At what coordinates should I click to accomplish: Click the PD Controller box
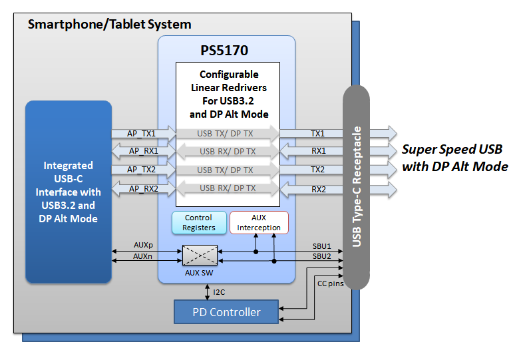pyautogui.click(x=226, y=311)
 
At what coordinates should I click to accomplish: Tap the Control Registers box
pyautogui.click(x=198, y=222)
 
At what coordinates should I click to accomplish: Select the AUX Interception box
pyautogui.click(x=259, y=222)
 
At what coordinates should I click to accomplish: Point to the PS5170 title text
pyautogui.click(x=226, y=51)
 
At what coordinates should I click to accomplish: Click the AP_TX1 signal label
pyautogui.click(x=142, y=133)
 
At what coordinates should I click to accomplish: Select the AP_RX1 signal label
pyautogui.click(x=142, y=151)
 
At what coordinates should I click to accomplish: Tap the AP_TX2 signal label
pyautogui.click(x=142, y=170)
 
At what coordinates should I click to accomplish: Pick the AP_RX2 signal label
pyautogui.click(x=142, y=188)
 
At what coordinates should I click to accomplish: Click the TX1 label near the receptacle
pyautogui.click(x=317, y=133)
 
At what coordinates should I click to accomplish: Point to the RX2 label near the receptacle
pyautogui.click(x=317, y=188)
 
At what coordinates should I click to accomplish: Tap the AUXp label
pyautogui.click(x=142, y=246)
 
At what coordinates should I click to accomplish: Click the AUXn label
pyautogui.click(x=142, y=256)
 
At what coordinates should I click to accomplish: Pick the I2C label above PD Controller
pyautogui.click(x=219, y=291)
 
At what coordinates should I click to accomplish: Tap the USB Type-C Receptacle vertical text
pyautogui.click(x=357, y=186)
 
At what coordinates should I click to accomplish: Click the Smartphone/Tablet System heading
pyautogui.click(x=109, y=25)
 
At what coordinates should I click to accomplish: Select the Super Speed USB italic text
pyautogui.click(x=452, y=149)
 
